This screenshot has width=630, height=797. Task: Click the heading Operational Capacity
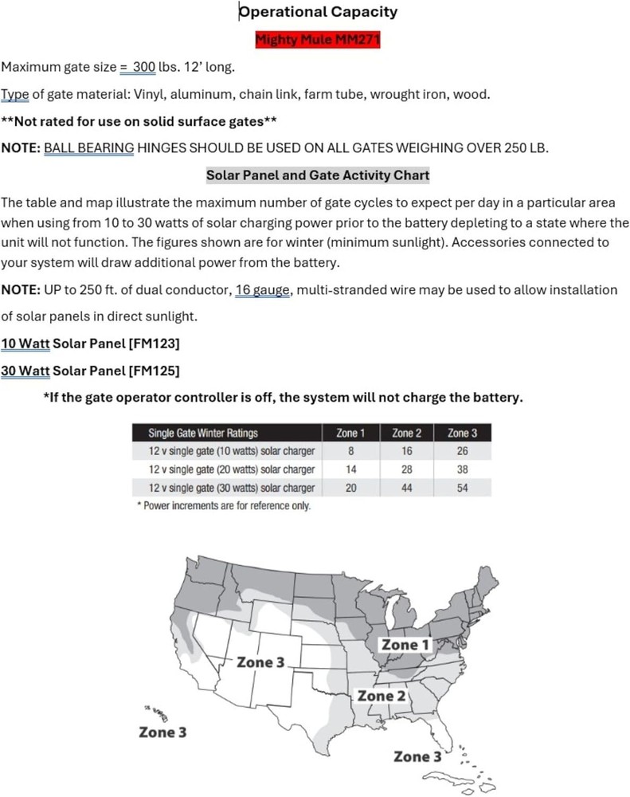[318, 11]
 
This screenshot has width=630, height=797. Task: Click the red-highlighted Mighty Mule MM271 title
[318, 40]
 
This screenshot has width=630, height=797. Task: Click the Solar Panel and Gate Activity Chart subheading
[318, 175]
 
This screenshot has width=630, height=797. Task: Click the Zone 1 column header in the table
[350, 433]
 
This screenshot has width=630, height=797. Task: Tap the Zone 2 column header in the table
[407, 433]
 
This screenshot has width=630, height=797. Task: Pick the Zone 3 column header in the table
[463, 433]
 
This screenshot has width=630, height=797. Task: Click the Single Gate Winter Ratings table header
[203, 433]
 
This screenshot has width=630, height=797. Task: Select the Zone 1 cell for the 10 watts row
[350, 451]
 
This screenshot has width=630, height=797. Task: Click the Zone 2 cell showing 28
[407, 469]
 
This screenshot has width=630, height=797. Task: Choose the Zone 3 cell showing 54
[463, 488]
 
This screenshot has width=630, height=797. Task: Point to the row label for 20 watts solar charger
[231, 469]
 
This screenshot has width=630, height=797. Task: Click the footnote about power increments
[224, 506]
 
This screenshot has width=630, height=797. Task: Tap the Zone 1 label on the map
[405, 644]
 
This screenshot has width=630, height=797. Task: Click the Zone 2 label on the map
[382, 696]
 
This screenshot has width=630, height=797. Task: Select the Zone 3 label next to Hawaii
[162, 732]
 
